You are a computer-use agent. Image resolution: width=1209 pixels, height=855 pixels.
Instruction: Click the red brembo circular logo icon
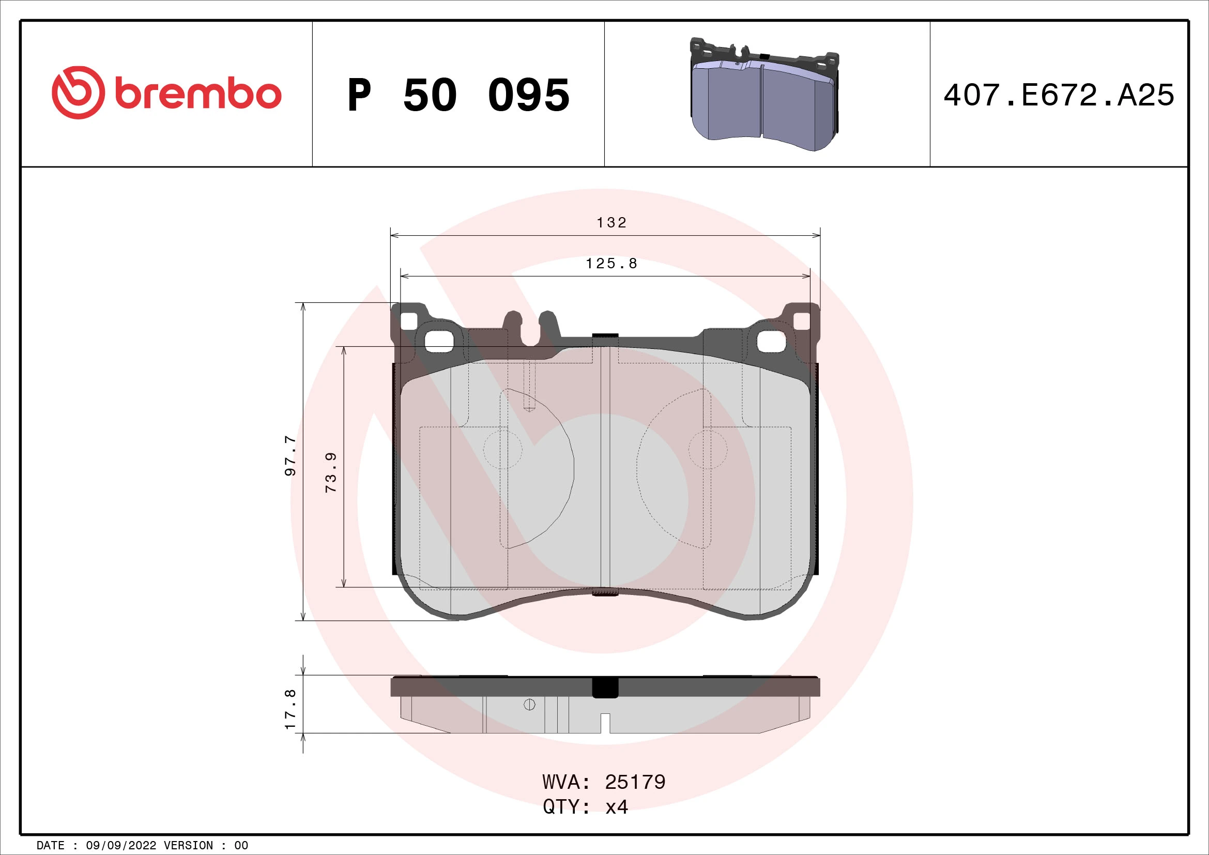click(78, 93)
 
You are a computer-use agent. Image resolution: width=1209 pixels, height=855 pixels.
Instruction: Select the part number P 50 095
click(458, 95)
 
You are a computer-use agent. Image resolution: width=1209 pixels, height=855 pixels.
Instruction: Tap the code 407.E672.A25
click(1059, 95)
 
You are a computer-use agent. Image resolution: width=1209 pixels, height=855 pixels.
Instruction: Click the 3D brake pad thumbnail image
click(764, 95)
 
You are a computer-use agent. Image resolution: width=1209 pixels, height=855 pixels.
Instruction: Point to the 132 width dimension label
click(611, 223)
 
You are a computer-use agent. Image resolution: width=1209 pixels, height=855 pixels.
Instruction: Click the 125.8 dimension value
click(611, 263)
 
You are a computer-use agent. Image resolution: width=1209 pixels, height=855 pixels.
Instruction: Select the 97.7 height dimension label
click(290, 456)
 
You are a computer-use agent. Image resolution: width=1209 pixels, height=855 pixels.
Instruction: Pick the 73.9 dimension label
click(331, 472)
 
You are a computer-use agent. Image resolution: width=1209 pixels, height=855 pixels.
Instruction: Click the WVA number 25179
click(635, 782)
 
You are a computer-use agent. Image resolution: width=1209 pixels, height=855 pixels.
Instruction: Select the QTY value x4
click(617, 806)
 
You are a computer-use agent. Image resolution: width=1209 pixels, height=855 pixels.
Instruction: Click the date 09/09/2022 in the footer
click(120, 845)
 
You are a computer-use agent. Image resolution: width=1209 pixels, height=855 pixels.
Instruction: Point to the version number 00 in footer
click(241, 845)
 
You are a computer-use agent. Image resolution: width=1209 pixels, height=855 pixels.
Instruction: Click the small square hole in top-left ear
click(409, 320)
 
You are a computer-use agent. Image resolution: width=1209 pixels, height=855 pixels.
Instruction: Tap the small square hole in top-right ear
click(802, 320)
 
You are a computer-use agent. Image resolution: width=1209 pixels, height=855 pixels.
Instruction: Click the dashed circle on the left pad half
click(503, 450)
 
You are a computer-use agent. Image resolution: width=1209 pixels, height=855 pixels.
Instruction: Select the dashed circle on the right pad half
click(708, 450)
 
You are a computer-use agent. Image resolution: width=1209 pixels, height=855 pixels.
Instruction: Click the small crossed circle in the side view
click(530, 705)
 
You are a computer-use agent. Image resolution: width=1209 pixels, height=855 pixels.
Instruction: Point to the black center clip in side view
click(606, 687)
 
